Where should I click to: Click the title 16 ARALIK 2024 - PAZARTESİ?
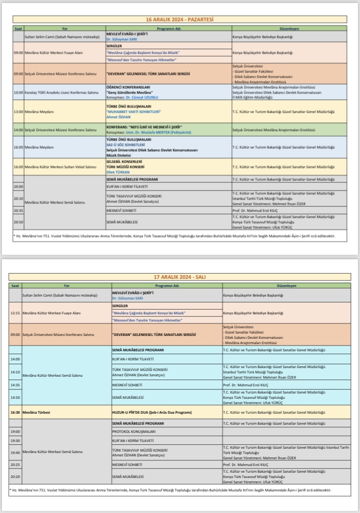(180, 20)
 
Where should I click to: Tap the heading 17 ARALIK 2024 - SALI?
(180, 277)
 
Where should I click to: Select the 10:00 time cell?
(18, 92)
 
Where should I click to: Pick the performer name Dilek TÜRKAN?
(118, 171)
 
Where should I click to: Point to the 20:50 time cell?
(18, 222)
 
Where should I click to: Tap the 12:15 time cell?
(15, 313)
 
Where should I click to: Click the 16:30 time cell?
(15, 412)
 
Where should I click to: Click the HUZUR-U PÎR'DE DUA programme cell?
(152, 412)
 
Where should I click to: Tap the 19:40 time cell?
(15, 452)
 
